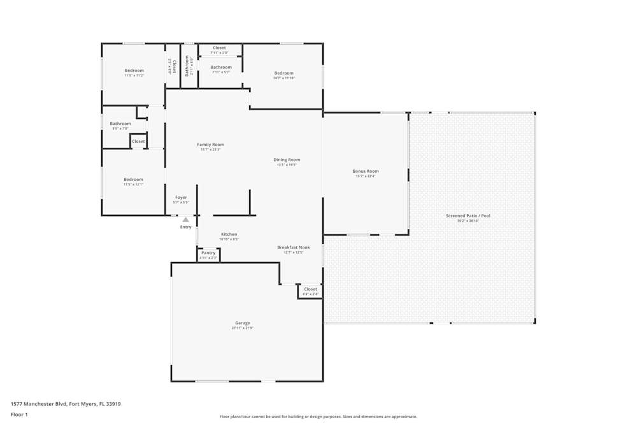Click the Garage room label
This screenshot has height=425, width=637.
(242, 323)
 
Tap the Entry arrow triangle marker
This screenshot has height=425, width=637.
(185, 220)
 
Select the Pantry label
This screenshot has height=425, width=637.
(208, 253)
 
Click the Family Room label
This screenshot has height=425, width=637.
(210, 145)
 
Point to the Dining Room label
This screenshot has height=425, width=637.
(287, 160)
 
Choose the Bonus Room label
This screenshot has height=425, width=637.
(366, 171)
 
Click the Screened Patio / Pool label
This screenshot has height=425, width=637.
(468, 216)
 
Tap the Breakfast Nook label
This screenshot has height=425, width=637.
(293, 247)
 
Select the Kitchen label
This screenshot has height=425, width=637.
(229, 234)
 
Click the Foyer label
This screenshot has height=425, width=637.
(181, 198)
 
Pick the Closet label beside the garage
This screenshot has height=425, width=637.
(310, 289)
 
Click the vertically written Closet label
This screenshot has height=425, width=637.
(174, 67)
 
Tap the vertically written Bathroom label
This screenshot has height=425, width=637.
(187, 66)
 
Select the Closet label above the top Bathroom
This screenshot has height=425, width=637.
(219, 48)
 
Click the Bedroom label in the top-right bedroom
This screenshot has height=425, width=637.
(284, 73)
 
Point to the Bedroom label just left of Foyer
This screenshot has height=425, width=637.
(133, 180)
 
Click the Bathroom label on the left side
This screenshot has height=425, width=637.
(120, 124)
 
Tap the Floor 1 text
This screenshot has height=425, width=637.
(19, 414)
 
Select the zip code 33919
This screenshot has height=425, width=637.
(113, 404)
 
